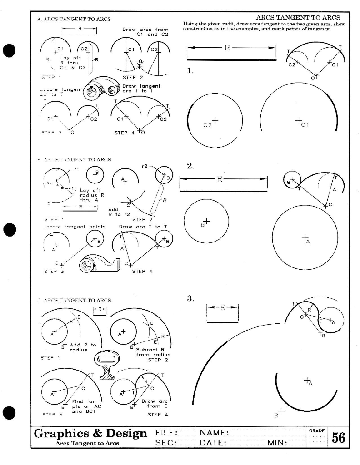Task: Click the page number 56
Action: coord(339,437)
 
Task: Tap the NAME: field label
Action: coord(215,433)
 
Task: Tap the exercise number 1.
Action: coord(191,70)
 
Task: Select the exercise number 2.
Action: coord(191,166)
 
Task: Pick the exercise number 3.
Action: coord(190,298)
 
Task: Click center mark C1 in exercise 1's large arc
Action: coord(299,121)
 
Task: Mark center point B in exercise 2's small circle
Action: coord(207,221)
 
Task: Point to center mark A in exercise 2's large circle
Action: coord(305,237)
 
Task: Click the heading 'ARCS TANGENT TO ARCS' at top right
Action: coord(298,18)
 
